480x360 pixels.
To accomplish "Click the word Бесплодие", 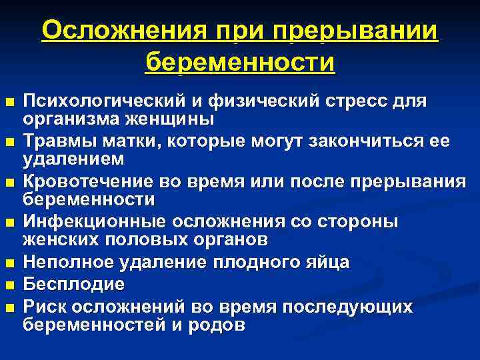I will (74, 284).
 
